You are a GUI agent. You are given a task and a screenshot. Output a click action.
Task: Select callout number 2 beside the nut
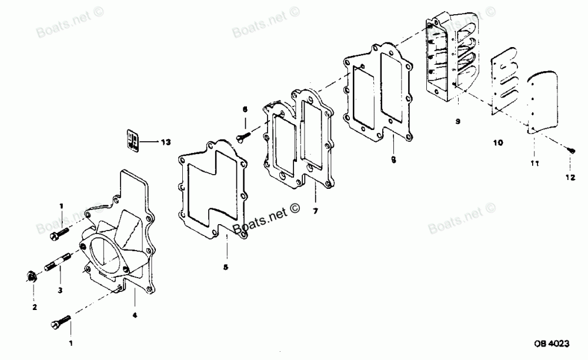(34, 307)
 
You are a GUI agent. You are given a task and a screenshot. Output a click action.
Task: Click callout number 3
(59, 290)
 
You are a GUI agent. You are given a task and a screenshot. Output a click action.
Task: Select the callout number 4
(135, 315)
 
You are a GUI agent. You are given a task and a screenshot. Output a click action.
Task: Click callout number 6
(246, 109)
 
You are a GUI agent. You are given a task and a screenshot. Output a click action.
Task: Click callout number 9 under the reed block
(457, 121)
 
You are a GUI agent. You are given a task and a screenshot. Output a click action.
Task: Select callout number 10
(497, 142)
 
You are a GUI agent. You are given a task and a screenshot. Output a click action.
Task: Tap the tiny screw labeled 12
(570, 151)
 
